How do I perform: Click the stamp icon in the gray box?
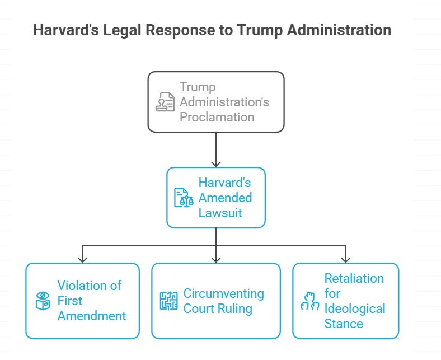point(165,102)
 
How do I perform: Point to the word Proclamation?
point(217,117)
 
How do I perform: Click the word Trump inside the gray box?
point(198,87)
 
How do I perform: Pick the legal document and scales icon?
point(184,198)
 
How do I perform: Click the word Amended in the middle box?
point(225,198)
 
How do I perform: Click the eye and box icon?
point(43,301)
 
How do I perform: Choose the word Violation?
point(90,286)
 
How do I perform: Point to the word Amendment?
point(92,316)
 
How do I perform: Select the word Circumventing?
point(224,293)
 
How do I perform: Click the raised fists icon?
point(309,301)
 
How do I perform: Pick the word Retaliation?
point(354,278)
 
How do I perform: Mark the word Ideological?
point(355,308)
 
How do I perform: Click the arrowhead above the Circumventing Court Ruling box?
point(216,259)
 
